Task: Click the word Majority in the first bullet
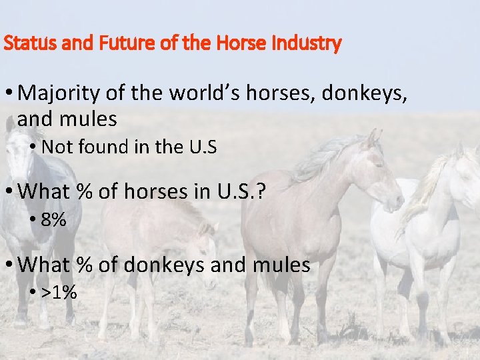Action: [59, 93]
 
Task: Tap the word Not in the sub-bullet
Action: [55, 147]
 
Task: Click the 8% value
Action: [53, 220]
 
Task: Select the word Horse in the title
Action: [241, 45]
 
